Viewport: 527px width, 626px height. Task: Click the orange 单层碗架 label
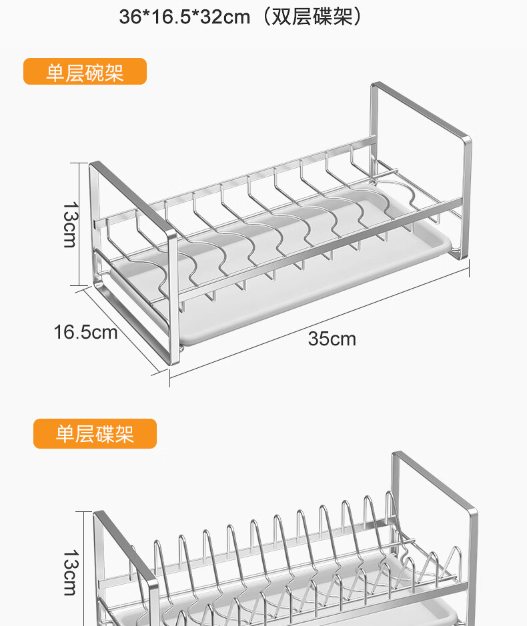(85, 71)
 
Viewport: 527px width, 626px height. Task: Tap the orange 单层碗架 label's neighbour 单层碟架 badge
(95, 433)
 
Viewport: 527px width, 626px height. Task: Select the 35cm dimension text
(332, 339)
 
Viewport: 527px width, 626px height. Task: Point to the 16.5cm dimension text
(85, 332)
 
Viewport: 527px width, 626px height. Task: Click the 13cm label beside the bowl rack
(70, 225)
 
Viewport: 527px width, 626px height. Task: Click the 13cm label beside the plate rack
(70, 573)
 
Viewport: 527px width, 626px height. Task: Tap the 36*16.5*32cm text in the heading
(185, 17)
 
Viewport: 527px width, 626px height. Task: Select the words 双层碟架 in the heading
(312, 17)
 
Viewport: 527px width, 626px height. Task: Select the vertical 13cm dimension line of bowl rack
(79, 225)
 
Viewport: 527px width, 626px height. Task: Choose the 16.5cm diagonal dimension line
(122, 331)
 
